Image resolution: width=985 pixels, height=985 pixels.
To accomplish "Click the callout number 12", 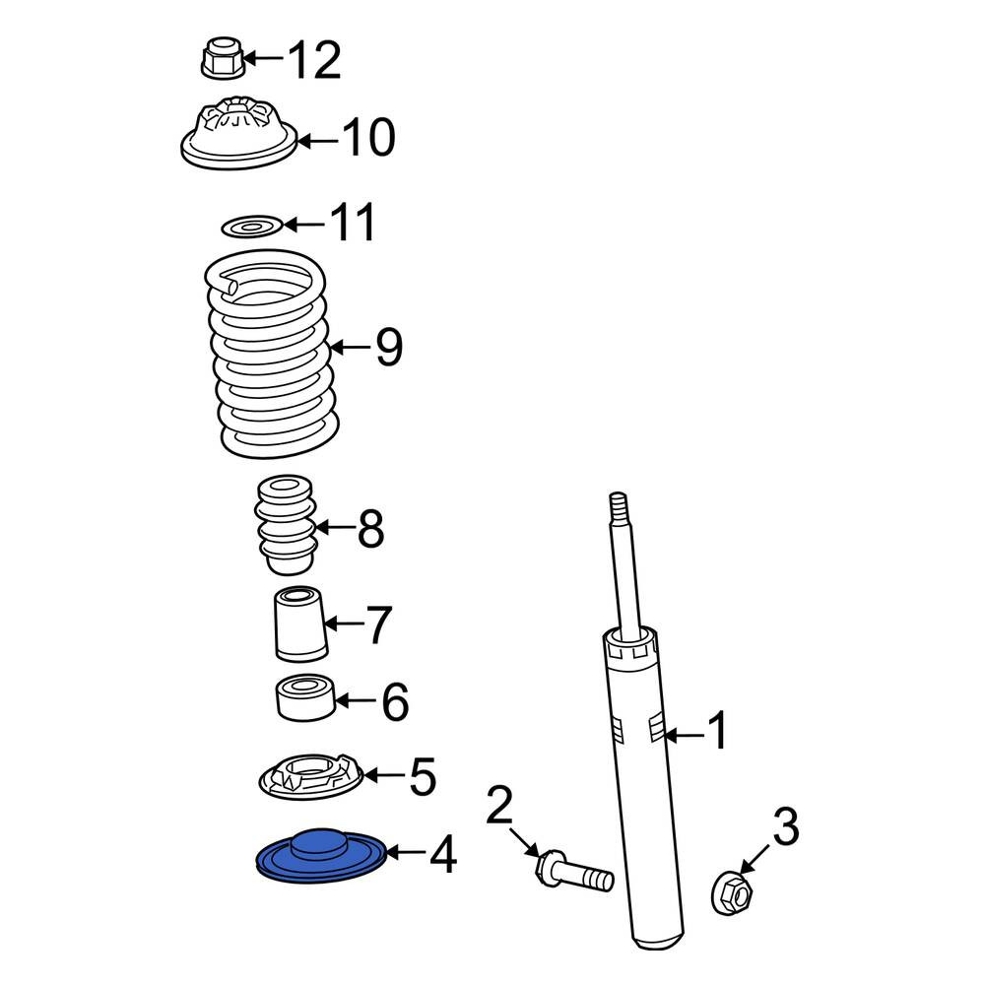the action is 314,60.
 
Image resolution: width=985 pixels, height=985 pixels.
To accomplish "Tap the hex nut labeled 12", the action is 223,58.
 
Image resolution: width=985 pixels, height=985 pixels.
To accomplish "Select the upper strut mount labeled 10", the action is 238,133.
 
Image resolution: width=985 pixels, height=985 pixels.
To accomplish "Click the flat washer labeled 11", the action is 252,227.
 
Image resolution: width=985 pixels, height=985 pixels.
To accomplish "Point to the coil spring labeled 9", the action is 271,354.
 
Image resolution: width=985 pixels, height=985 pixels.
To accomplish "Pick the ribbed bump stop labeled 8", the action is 286,525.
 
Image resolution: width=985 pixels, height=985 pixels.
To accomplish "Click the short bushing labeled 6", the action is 305,698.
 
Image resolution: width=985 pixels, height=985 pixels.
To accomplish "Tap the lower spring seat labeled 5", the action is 311,777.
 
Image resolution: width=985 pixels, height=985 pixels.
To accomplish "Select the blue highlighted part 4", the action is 320,856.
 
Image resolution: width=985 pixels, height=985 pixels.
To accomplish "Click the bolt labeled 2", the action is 574,871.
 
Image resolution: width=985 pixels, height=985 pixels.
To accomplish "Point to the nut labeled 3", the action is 732,891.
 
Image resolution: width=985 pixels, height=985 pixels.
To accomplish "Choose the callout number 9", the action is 389,347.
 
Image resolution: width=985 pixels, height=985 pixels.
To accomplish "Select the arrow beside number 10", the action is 318,141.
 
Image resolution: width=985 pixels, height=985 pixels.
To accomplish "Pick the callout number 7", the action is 379,624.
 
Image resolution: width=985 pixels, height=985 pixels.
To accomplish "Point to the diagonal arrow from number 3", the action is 754,859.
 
